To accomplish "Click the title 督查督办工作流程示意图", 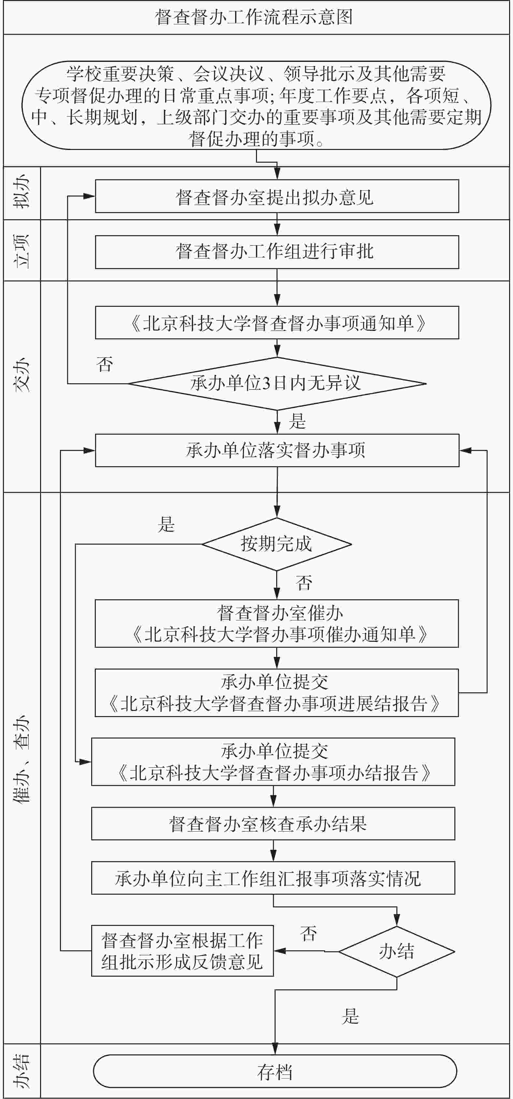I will tap(254, 17).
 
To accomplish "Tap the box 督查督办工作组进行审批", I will tap(277, 252).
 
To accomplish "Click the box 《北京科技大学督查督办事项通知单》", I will tap(277, 322).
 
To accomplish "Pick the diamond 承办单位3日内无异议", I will tap(277, 384).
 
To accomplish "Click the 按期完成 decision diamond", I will tap(277, 544).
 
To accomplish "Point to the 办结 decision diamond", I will tap(396, 951).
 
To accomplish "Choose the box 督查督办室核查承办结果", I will tap(273, 823).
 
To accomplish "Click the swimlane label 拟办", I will tap(22, 193).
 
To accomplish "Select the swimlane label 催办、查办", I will tap(22, 759).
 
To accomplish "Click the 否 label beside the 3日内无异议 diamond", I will tap(105, 364).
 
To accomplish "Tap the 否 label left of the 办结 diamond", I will tap(308, 933).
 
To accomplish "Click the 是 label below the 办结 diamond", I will tap(350, 1016).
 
